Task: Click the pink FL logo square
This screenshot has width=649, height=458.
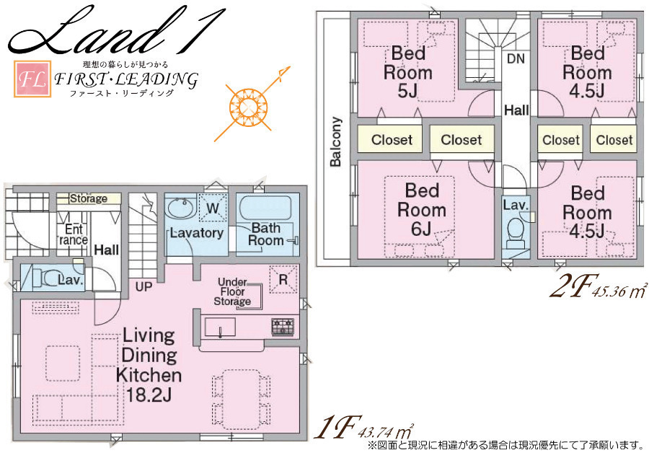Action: pos(32,79)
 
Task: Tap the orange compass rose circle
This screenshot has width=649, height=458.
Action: pos(248,107)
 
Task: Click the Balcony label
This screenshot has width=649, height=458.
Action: pos(335,141)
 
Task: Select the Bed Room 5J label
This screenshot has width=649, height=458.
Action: pos(408,72)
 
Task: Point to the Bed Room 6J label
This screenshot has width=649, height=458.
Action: pos(422,210)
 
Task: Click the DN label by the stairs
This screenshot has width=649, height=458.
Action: pos(516,58)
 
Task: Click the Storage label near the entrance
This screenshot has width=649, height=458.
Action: pos(89,199)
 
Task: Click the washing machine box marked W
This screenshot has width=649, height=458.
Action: pos(213,208)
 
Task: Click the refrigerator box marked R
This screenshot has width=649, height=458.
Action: pos(283,280)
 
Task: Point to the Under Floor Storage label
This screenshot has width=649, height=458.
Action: pos(233,292)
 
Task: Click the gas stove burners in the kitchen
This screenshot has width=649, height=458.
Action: pos(283,326)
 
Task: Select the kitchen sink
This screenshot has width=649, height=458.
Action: pos(220,327)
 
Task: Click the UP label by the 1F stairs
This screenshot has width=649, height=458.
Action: pos(144,286)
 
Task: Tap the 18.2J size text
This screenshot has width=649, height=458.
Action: pos(148,395)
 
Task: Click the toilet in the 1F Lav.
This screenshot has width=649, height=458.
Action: pos(46,278)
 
